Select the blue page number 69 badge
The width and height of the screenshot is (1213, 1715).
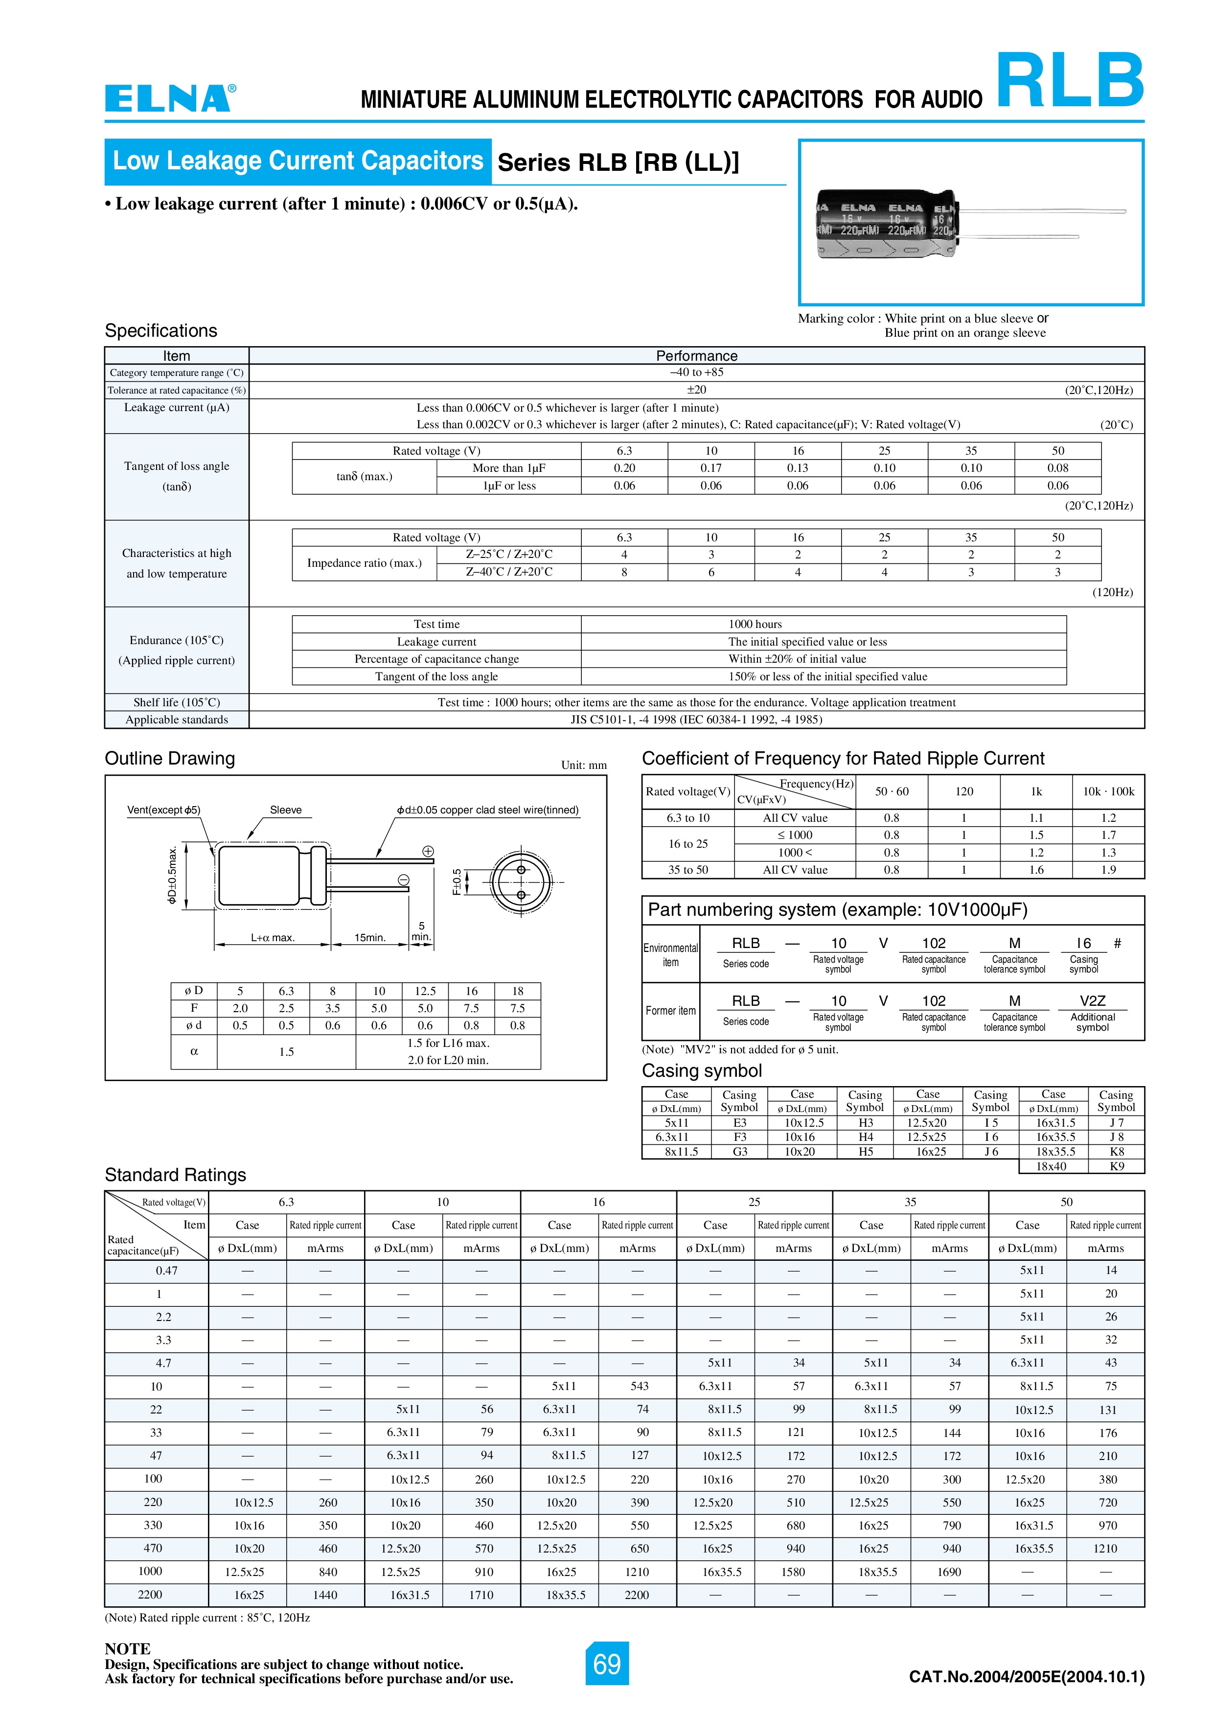(x=607, y=1664)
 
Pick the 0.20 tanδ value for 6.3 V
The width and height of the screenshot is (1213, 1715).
(x=624, y=468)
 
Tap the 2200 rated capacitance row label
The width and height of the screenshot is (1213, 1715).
(x=150, y=1595)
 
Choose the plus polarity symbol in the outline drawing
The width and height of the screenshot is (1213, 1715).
(x=428, y=852)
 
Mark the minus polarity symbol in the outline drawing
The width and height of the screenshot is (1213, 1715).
(x=403, y=880)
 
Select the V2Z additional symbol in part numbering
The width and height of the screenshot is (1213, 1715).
(x=1092, y=1001)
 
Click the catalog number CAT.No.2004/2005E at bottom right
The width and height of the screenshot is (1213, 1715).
(x=1026, y=1677)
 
